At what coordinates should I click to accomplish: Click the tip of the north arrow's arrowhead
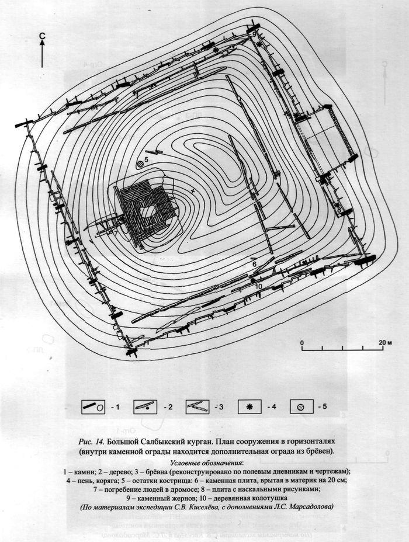click(x=42, y=39)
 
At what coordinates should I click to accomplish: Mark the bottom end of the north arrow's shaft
click(x=42, y=67)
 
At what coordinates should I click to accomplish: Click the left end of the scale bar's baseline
click(x=302, y=350)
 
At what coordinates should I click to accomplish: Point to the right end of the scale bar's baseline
click(x=383, y=350)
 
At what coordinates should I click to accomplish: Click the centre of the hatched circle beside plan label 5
click(x=140, y=165)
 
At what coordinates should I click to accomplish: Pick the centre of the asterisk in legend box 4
click(x=249, y=407)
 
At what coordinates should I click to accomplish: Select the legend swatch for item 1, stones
click(x=93, y=407)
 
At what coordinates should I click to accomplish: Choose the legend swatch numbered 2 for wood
click(x=145, y=407)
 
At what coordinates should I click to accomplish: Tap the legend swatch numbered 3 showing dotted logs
click(x=197, y=407)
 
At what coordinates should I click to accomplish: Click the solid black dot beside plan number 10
click(x=253, y=280)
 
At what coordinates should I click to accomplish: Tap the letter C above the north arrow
click(x=42, y=35)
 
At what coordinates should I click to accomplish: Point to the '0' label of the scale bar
click(x=302, y=343)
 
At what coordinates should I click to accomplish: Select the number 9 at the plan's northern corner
click(x=254, y=34)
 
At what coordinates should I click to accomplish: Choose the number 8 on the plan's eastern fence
click(x=339, y=209)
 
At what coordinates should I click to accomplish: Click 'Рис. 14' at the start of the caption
click(x=92, y=442)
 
